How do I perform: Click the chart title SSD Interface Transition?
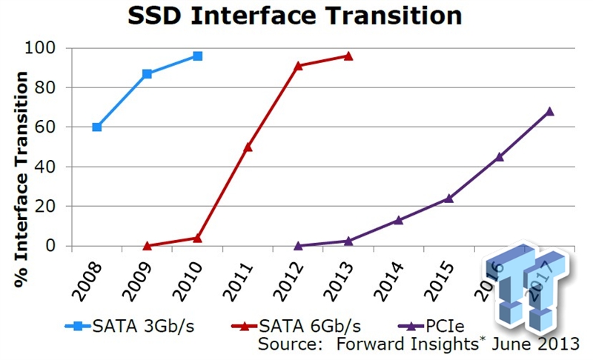click(296, 16)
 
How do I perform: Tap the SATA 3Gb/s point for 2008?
click(96, 127)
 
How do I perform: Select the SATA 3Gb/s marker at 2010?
click(197, 56)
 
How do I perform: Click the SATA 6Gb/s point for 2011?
click(248, 147)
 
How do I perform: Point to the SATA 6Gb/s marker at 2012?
click(298, 66)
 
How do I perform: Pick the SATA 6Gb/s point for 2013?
click(348, 56)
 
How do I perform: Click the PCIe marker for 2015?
click(449, 198)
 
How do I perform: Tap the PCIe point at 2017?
click(549, 112)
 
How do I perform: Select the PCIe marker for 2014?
click(399, 220)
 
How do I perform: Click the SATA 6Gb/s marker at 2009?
click(147, 245)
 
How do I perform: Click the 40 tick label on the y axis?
click(56, 167)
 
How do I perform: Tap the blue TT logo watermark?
click(528, 289)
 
